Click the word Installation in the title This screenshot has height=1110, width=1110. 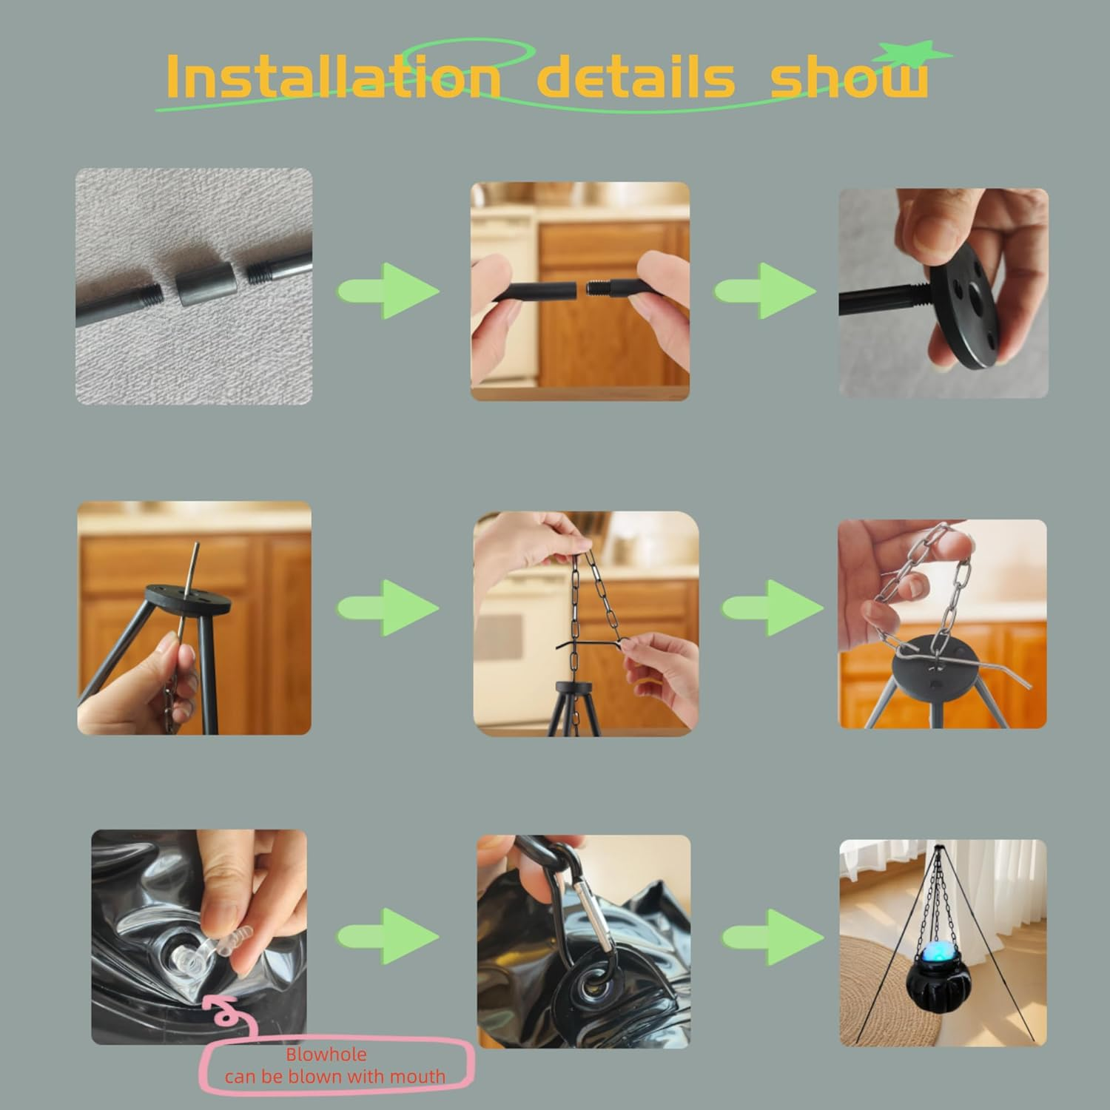click(334, 75)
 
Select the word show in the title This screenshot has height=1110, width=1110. click(849, 76)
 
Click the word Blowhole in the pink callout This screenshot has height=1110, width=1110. click(326, 1054)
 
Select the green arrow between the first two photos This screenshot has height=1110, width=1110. click(389, 290)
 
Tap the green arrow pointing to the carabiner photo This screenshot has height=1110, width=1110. click(389, 936)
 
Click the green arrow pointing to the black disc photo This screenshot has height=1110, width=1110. click(767, 290)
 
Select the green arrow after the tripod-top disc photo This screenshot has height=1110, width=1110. click(389, 608)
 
